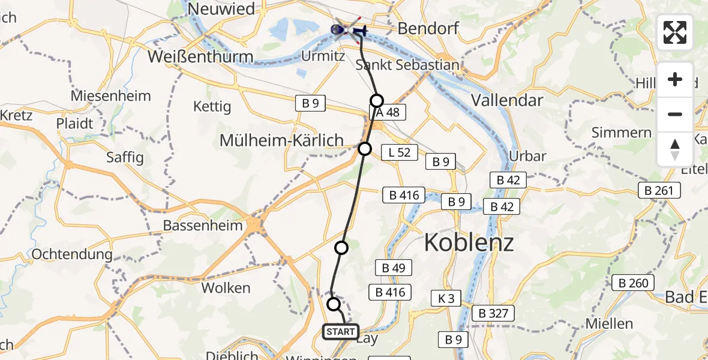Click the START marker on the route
coord(341,331)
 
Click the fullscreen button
coord(675,32)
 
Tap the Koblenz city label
coord(469,243)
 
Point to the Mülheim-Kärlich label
coord(281,140)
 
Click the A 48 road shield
coord(388,112)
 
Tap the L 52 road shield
coord(399,152)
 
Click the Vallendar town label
coord(507,100)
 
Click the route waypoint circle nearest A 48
coord(376,100)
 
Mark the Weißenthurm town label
coord(199,57)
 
